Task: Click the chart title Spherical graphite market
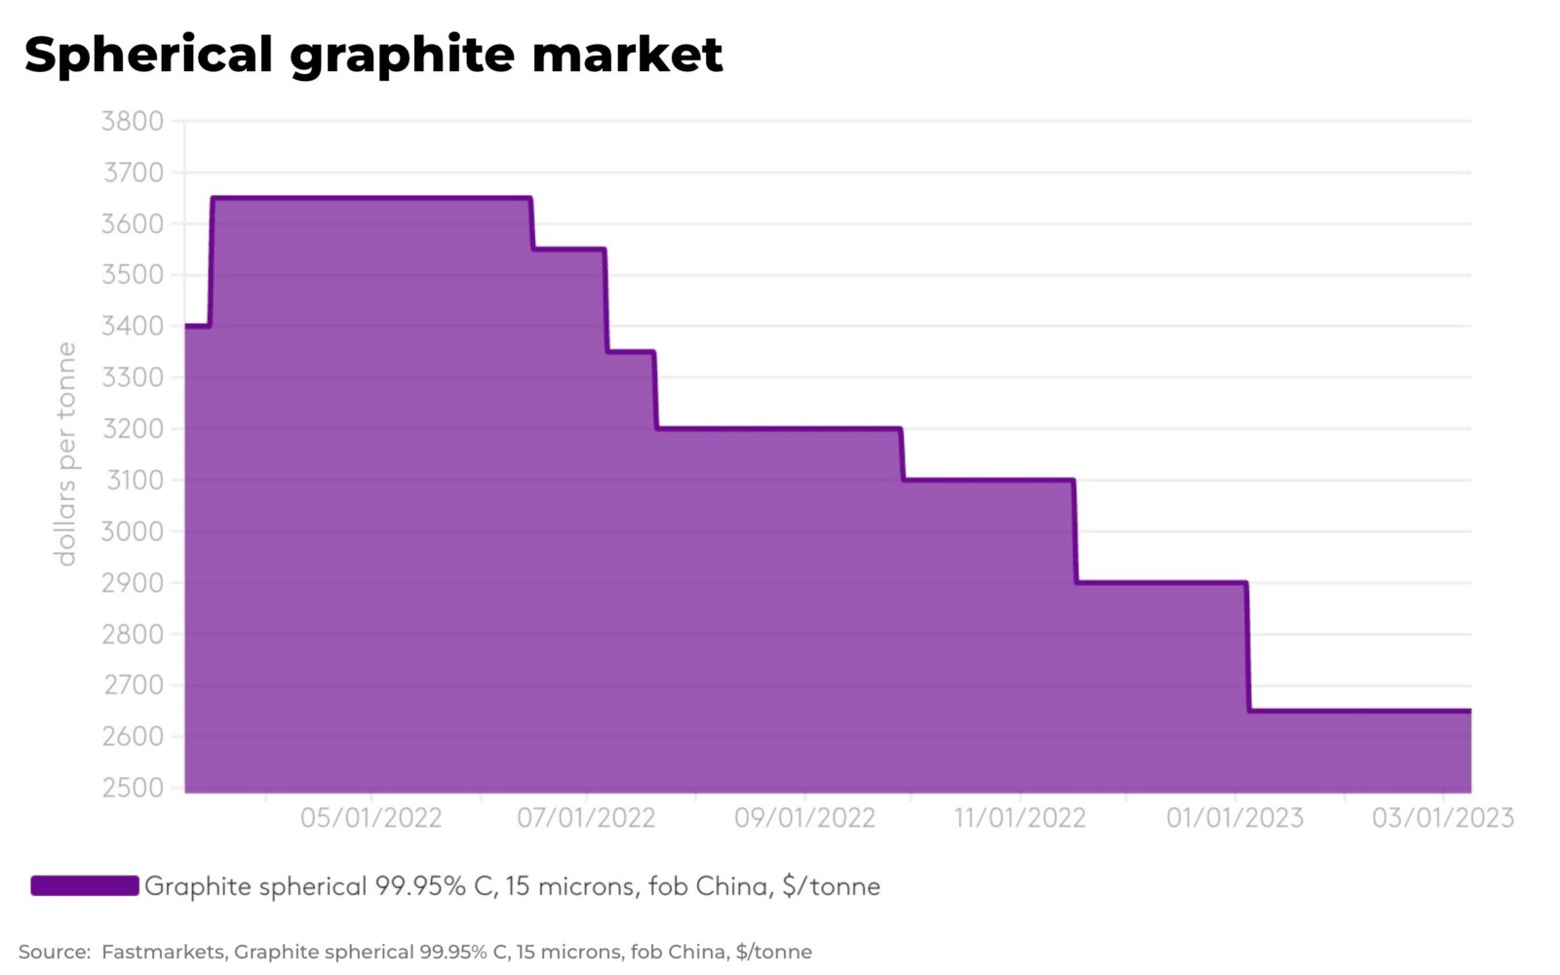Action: [373, 55]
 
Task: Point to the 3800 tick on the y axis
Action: [133, 122]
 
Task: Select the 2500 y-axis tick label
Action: [133, 788]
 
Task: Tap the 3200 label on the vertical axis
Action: [133, 429]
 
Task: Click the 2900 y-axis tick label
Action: [133, 583]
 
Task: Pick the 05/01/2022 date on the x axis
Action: [370, 817]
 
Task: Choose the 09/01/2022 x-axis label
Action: [804, 817]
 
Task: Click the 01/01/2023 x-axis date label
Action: [1234, 817]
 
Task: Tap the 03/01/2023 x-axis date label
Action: [1442, 817]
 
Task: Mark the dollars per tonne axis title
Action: [65, 453]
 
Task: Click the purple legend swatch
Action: [85, 885]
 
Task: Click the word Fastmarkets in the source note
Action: [163, 952]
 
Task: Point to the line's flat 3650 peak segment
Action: [370, 198]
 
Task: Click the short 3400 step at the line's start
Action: [197, 326]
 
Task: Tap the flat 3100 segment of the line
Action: [989, 480]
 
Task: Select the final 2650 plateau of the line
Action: [1360, 711]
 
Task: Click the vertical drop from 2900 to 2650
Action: [1248, 647]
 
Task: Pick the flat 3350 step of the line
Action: [631, 351]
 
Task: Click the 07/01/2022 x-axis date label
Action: [586, 817]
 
